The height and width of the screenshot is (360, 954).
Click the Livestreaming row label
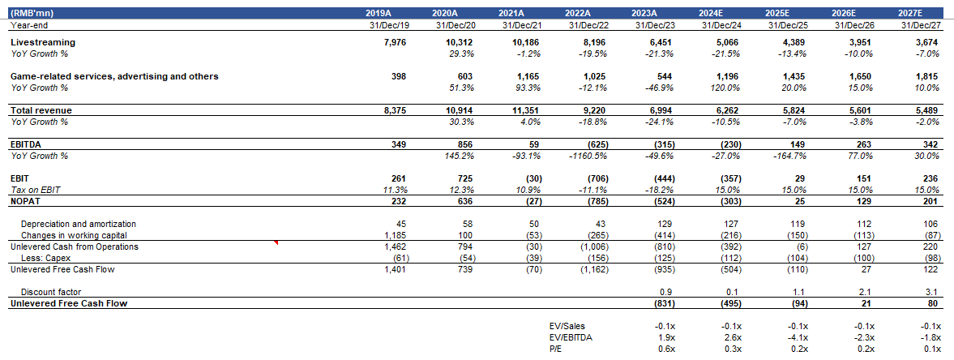43,41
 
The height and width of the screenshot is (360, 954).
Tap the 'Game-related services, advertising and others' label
114,76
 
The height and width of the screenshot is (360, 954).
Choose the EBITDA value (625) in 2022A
599,144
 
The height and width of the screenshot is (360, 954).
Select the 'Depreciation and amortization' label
78,224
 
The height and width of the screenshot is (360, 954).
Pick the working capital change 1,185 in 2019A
396,235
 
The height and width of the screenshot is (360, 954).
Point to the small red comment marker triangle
277,242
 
